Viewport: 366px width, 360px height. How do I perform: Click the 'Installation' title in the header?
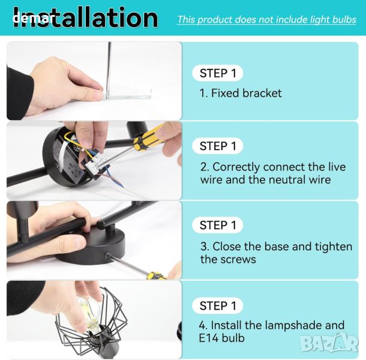85,18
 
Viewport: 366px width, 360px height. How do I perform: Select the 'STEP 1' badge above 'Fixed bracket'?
218,73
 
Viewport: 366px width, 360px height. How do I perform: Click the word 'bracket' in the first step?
262,93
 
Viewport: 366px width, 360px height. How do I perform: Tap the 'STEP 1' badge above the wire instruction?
218,146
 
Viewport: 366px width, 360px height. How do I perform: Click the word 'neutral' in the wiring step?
287,179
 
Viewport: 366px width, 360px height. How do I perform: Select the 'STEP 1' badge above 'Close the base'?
218,225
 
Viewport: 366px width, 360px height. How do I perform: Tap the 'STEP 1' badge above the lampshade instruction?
218,305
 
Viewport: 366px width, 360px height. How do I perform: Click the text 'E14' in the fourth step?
209,338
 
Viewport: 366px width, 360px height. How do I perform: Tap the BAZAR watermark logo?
329,343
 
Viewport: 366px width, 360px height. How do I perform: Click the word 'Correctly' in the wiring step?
236,167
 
